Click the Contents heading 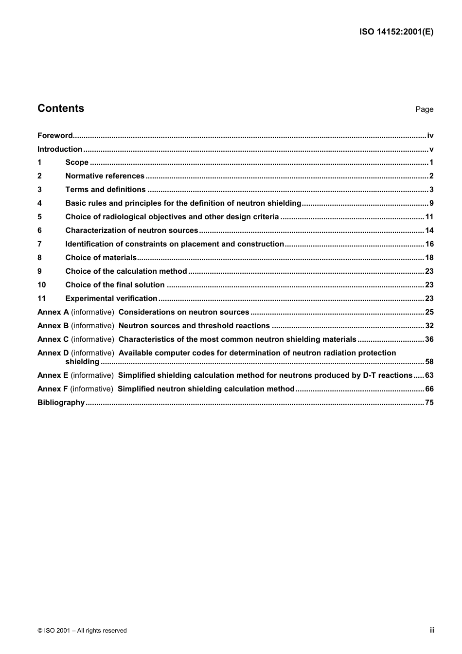pyautogui.click(x=61, y=108)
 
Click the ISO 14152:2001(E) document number pyautogui.click(x=396, y=32)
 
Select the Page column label pyautogui.click(x=424, y=109)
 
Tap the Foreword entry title pyautogui.click(x=55, y=136)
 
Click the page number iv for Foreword pyautogui.click(x=430, y=136)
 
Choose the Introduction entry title pyautogui.click(x=60, y=149)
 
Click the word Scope pyautogui.click(x=77, y=162)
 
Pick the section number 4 pyautogui.click(x=39, y=203)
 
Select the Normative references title pyautogui.click(x=105, y=176)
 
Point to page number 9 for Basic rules pyautogui.click(x=431, y=203)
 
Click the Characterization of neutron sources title pyautogui.click(x=132, y=230)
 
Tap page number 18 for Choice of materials pyautogui.click(x=429, y=258)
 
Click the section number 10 pyautogui.click(x=41, y=285)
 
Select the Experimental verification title pyautogui.click(x=111, y=299)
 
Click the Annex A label pyautogui.click(x=53, y=312)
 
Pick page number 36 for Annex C pyautogui.click(x=429, y=339)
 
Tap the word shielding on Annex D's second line pyautogui.click(x=82, y=362)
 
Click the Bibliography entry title pyautogui.click(x=61, y=403)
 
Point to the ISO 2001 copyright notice pyautogui.click(x=82, y=631)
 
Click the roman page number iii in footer pyautogui.click(x=431, y=630)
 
